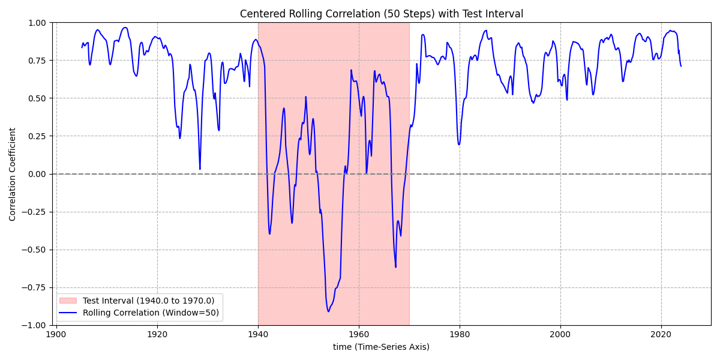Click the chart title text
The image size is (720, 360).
tap(382, 14)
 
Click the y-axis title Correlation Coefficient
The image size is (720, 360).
tap(13, 173)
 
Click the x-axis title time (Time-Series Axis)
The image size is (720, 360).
tap(381, 347)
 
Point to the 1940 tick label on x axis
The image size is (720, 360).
tap(258, 334)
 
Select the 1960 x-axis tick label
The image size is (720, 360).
tap(359, 334)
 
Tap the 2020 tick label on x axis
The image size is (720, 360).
tap(661, 334)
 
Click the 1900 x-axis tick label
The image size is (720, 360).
tap(56, 334)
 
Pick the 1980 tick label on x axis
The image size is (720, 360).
tap(460, 334)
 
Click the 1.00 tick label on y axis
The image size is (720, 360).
tap(37, 23)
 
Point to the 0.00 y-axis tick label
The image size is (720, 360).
tap(37, 174)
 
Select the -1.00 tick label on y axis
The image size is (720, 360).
tap(34, 325)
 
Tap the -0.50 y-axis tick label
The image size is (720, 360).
tap(34, 250)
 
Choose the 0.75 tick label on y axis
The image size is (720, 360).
tap(37, 61)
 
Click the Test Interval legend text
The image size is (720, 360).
tap(148, 301)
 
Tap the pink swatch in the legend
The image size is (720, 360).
tap(69, 301)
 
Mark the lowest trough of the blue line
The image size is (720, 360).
tap(328, 311)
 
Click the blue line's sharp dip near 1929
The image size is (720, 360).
tap(200, 169)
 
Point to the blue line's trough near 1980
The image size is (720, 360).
tap(459, 144)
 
